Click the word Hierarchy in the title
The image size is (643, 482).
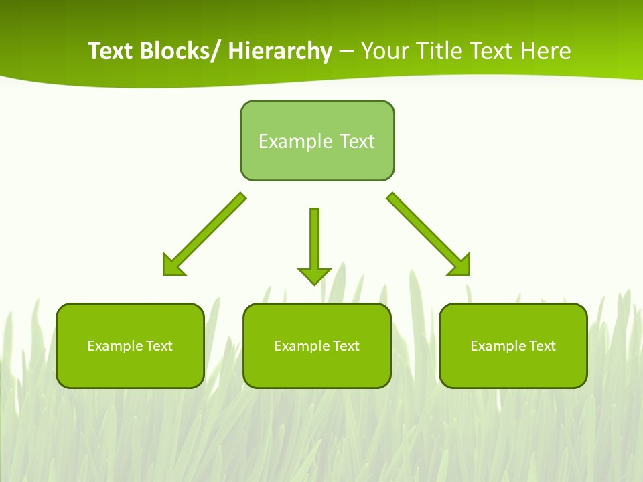point(280,51)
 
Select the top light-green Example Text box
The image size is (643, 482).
point(317,141)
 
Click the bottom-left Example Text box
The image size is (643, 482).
point(130,345)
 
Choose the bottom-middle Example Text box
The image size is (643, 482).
point(317,345)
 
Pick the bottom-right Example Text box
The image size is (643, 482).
point(513,345)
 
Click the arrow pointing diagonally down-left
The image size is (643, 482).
point(205,234)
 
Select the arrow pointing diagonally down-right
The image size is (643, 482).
point(428,234)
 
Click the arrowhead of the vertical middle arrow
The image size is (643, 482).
point(314,276)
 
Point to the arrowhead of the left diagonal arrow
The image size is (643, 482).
point(172,266)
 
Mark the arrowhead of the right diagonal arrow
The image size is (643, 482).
point(461,266)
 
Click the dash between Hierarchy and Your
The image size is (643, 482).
point(346,52)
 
